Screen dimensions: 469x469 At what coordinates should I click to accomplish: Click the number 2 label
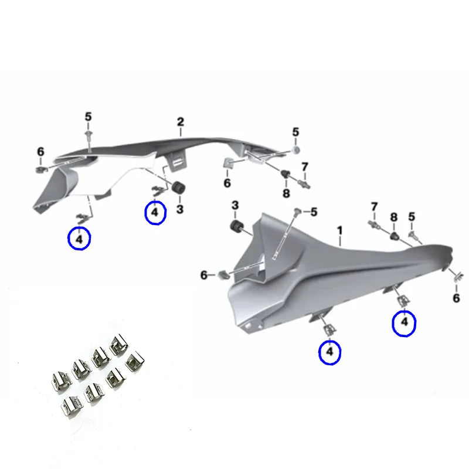(x=181, y=122)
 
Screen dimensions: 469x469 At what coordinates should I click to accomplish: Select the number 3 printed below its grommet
(x=180, y=209)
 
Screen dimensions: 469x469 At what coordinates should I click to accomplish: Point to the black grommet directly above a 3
(x=177, y=189)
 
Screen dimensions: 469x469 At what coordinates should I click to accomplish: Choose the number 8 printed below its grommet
(x=286, y=193)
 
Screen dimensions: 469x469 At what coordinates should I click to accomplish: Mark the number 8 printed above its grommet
(x=394, y=217)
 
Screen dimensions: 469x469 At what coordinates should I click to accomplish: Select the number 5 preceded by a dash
(x=313, y=212)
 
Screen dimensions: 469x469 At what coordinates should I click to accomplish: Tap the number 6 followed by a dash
(x=204, y=274)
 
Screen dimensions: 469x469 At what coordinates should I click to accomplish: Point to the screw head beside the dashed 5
(x=298, y=210)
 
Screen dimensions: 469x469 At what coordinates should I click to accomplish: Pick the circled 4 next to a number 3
(x=155, y=212)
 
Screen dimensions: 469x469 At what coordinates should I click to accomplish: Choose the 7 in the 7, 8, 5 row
(x=374, y=206)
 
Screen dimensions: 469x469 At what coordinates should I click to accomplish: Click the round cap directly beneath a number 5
(x=296, y=150)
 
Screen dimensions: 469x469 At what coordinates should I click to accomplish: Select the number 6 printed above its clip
(x=40, y=152)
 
